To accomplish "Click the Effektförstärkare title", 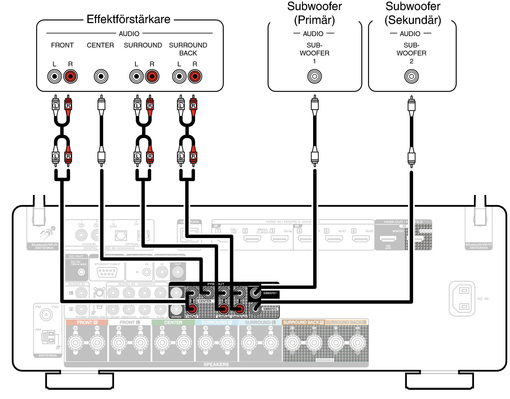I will [x=128, y=19].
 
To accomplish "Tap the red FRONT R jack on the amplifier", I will [x=70, y=76].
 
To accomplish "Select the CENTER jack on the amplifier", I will [x=101, y=76].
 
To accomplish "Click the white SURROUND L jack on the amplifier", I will [x=136, y=76].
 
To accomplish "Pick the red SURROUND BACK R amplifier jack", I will [x=195, y=76].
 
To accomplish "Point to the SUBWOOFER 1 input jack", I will [x=314, y=76].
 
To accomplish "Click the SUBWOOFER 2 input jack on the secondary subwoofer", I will [x=411, y=76].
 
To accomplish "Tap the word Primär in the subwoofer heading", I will [x=314, y=20].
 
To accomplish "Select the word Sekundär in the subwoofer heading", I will [x=413, y=20].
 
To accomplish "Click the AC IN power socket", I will [x=462, y=298].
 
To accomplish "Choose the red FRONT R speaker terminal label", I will [x=87, y=322].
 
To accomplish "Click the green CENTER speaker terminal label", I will [x=173, y=322].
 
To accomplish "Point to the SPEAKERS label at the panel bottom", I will [x=216, y=365].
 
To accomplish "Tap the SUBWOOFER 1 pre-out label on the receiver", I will [x=270, y=293].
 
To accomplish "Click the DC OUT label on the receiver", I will [x=76, y=256].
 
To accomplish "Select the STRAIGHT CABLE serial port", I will [x=107, y=272].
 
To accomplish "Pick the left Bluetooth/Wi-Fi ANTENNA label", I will [x=44, y=246].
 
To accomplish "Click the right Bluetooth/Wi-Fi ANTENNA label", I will [x=478, y=246].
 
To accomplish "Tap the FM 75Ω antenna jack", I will [x=46, y=315].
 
